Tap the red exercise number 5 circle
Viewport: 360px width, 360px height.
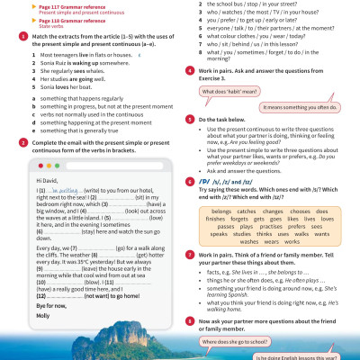[x=189, y=118]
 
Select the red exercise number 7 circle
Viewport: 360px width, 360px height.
[x=189, y=255]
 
